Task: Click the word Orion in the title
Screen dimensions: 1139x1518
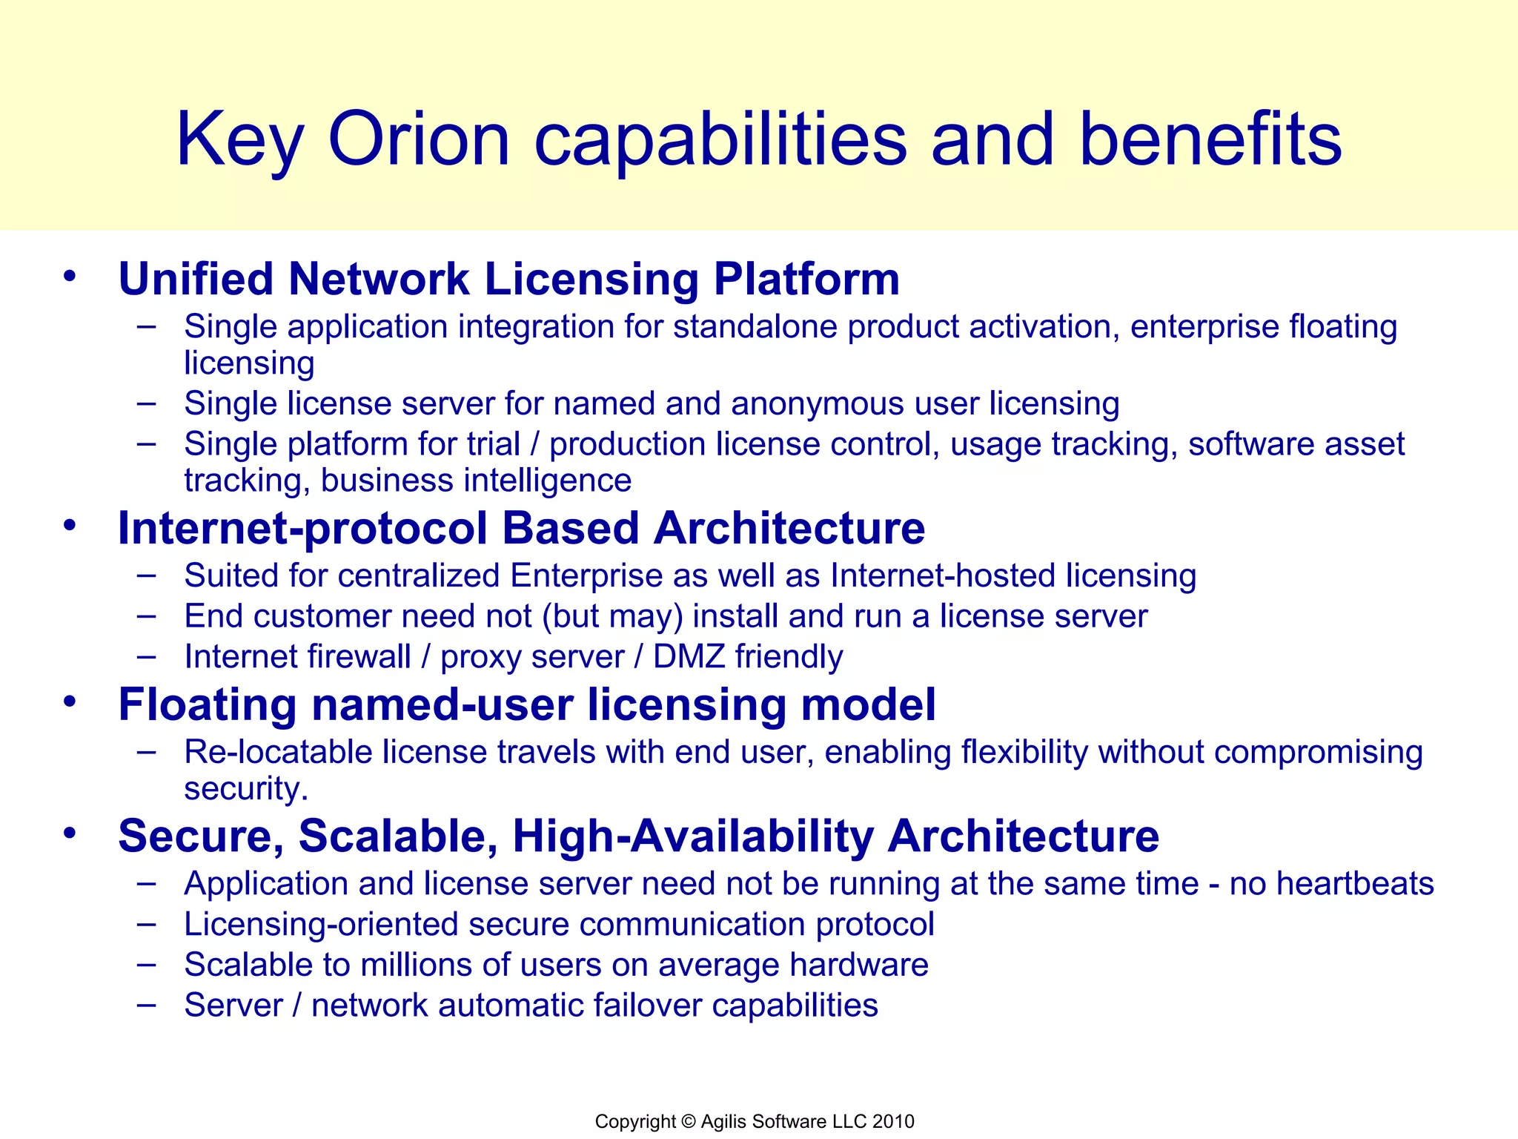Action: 419,139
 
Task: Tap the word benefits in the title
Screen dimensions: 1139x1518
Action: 1210,139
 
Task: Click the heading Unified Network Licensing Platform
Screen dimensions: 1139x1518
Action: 508,280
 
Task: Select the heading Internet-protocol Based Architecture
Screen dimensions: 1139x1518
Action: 521,529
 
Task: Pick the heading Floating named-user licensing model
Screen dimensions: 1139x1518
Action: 526,704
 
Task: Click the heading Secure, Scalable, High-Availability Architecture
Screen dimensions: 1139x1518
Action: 638,836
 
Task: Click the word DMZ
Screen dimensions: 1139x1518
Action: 689,657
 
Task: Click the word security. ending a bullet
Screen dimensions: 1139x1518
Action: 245,789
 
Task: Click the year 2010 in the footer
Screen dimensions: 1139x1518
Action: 893,1122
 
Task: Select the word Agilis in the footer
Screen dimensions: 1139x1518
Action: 723,1122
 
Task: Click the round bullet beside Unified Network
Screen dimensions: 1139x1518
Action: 70,277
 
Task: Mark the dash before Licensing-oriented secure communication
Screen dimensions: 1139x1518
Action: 147,924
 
